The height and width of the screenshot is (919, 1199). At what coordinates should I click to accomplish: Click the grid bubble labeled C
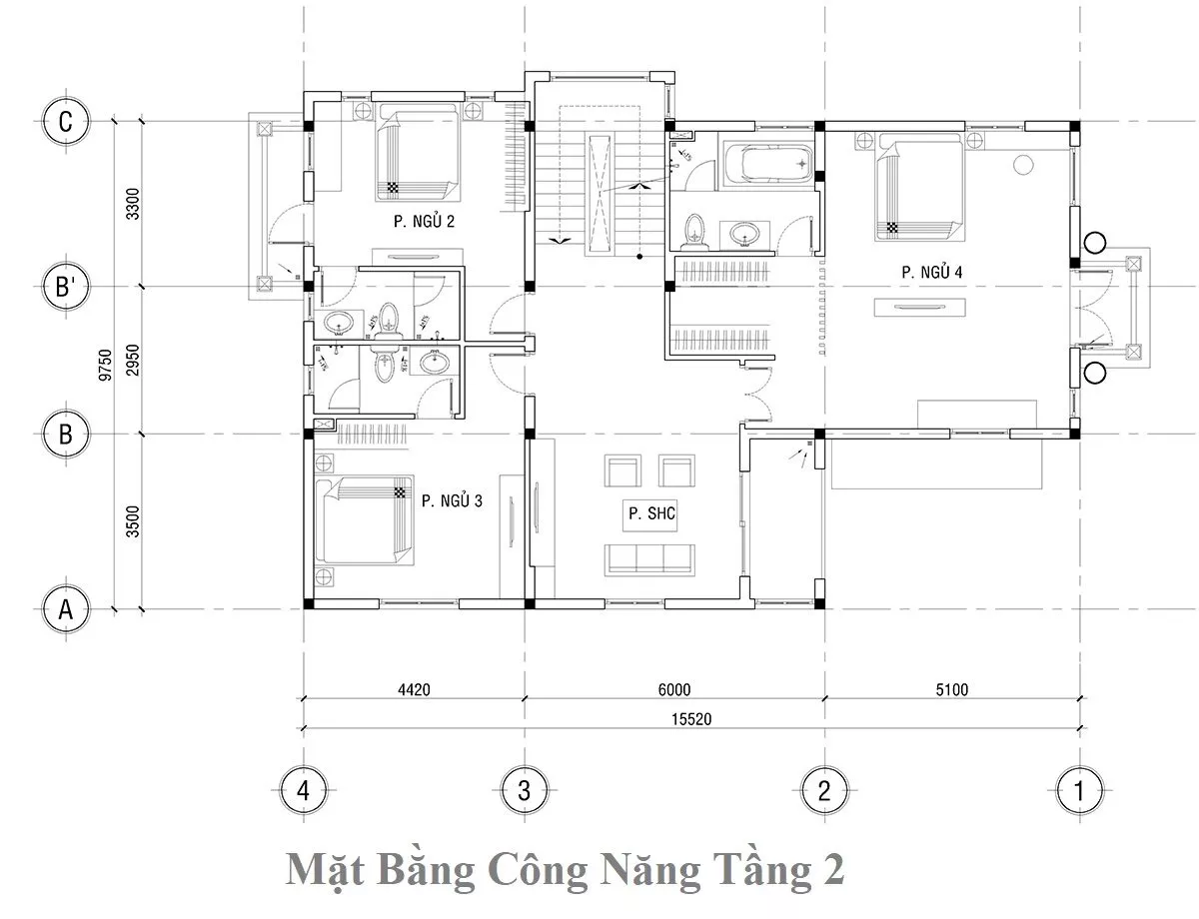(66, 121)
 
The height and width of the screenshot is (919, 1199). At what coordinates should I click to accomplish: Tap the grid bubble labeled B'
(66, 287)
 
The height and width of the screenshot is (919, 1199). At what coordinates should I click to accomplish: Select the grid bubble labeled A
(66, 609)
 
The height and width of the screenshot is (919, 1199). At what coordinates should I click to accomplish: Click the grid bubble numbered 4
(304, 790)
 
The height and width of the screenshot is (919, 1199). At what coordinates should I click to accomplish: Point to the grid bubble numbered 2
(824, 790)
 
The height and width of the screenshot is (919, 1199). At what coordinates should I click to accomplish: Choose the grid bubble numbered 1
(1079, 790)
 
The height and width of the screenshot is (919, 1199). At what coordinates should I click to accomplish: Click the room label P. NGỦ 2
(424, 221)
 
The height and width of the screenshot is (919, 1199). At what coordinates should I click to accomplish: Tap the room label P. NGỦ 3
(452, 500)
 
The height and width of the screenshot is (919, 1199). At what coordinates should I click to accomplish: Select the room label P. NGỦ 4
(932, 272)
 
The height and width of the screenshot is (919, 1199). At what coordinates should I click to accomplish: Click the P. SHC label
(651, 513)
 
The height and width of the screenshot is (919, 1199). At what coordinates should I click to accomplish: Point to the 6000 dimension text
(674, 689)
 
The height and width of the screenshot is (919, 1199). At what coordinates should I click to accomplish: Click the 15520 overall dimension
(691, 719)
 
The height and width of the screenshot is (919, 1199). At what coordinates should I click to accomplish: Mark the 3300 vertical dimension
(133, 204)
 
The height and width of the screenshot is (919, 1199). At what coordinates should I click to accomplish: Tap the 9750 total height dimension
(105, 366)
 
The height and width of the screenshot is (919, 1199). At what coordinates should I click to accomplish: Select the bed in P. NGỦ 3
(364, 520)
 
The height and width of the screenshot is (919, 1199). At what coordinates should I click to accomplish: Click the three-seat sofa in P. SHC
(649, 560)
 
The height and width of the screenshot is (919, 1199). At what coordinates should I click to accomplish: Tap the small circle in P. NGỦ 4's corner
(1023, 165)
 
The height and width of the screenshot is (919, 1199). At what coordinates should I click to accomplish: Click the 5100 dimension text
(952, 689)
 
